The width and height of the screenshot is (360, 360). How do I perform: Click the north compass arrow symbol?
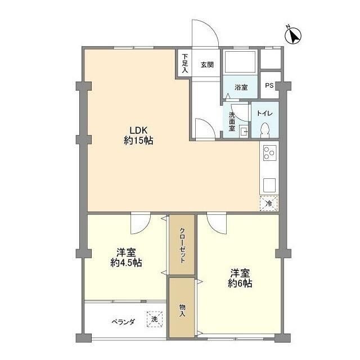pyautogui.click(x=292, y=35)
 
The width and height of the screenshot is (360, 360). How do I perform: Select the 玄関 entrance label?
pyautogui.click(x=207, y=65)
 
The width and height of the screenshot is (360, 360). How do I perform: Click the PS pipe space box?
pyautogui.click(x=269, y=86)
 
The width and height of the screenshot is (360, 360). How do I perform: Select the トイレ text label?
pyautogui.click(x=265, y=114)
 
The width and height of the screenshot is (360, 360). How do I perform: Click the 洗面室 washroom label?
pyautogui.click(x=232, y=120)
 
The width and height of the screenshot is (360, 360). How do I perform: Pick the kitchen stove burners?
pyautogui.click(x=269, y=152)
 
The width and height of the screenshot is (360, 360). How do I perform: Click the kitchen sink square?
pyautogui.click(x=269, y=184)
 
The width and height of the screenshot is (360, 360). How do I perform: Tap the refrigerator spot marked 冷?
pyautogui.click(x=269, y=203)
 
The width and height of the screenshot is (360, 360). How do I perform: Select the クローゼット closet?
pyautogui.click(x=183, y=245)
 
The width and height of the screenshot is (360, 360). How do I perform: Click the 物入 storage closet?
pyautogui.click(x=182, y=310)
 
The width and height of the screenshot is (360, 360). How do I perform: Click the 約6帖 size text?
pyautogui.click(x=240, y=283)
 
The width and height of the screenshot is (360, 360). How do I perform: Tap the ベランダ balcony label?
pyautogui.click(x=123, y=322)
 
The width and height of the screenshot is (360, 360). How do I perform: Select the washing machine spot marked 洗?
pyautogui.click(x=154, y=319)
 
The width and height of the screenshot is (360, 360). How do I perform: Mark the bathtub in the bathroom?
pyautogui.click(x=240, y=62)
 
